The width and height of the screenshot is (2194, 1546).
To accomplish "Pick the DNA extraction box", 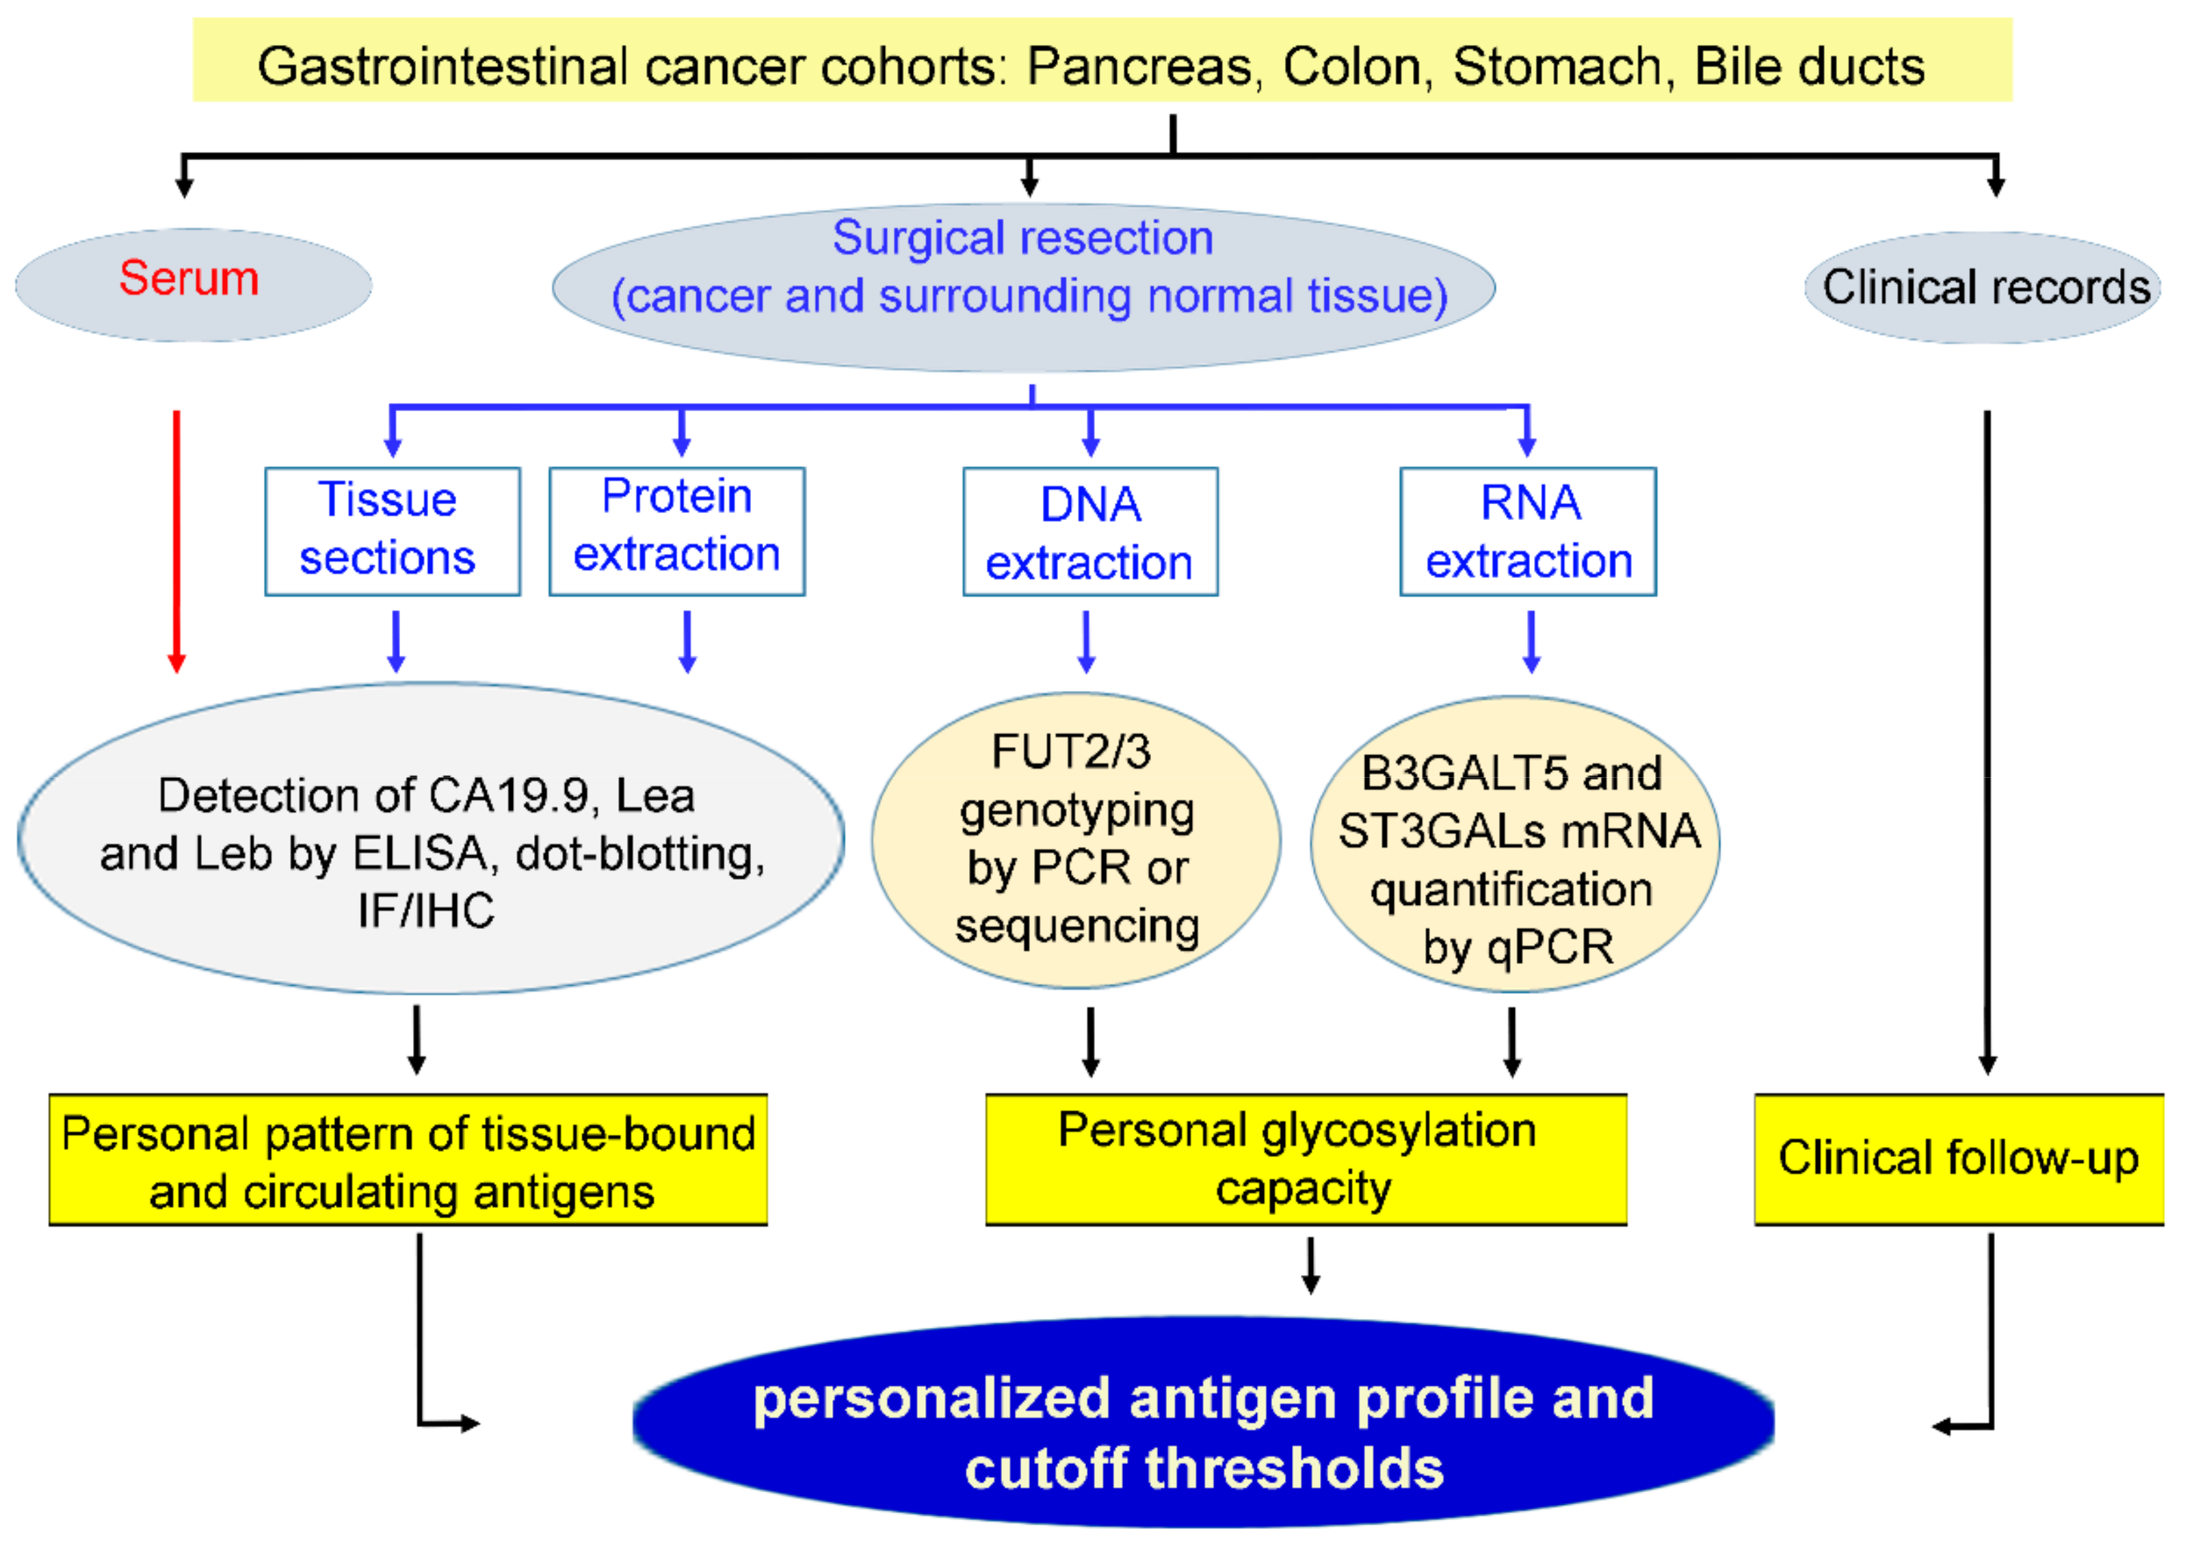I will [1089, 532].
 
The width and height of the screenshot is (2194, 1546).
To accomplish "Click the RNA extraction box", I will [1527, 532].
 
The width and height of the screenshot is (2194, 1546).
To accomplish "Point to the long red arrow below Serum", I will [176, 540].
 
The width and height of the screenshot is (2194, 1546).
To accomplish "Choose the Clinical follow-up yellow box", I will [1959, 1159].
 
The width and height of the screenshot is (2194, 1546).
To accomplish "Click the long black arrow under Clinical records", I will [1987, 741].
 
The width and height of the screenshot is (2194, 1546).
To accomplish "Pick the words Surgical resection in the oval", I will [1022, 238].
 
